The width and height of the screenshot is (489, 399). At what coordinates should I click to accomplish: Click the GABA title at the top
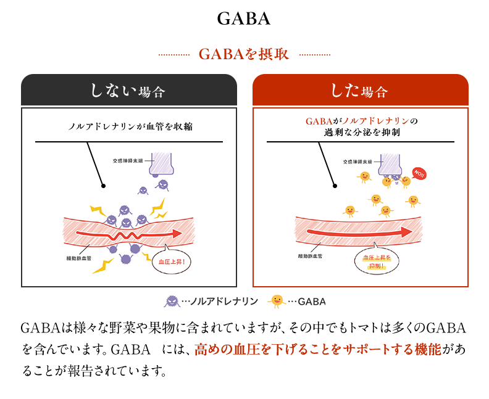244,19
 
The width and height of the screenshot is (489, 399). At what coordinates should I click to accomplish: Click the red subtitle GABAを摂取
244,54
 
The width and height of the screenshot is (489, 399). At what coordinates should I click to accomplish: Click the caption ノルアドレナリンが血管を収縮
130,126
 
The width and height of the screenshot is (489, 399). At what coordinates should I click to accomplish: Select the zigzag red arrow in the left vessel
130,235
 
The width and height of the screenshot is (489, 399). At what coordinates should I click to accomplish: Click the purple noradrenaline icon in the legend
172,302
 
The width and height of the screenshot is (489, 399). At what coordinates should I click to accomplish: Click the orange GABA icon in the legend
277,301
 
